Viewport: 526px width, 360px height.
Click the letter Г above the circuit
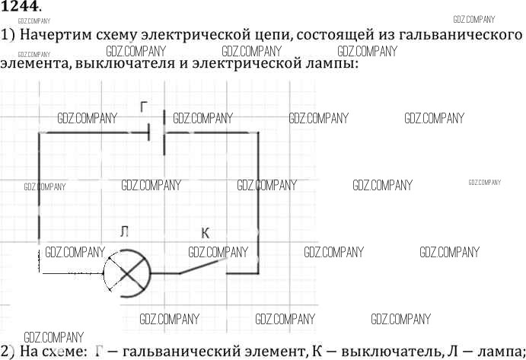coord(145,107)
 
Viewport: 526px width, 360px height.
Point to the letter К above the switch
coord(205,233)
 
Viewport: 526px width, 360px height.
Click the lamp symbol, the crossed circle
coord(125,272)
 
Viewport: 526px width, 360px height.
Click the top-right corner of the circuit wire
coord(258,133)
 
